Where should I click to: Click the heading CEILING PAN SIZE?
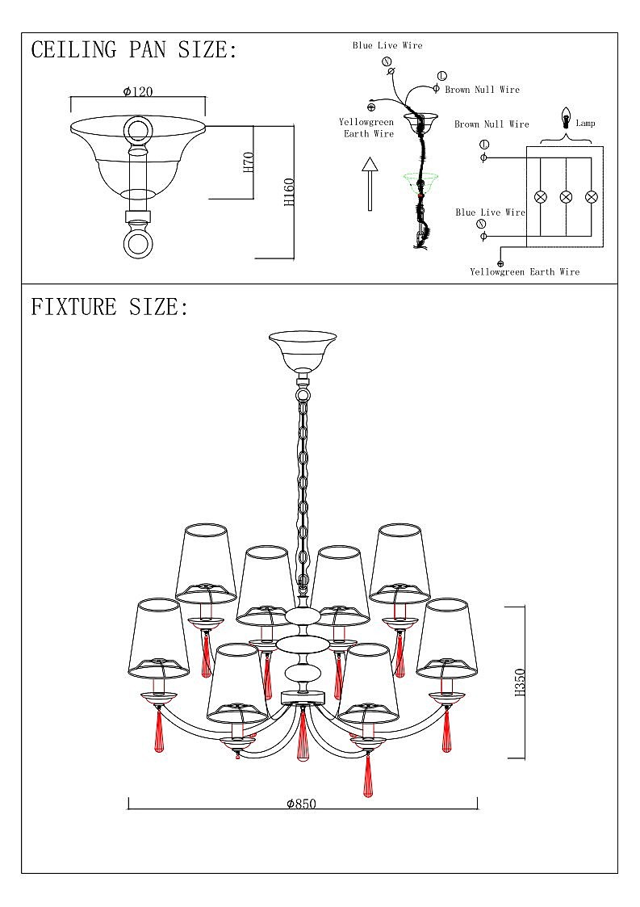tap(134, 50)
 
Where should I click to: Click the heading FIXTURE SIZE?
tap(109, 308)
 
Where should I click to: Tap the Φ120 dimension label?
tap(138, 91)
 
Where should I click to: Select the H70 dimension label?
tap(249, 162)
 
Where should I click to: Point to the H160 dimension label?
tap(289, 191)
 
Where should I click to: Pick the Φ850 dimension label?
tap(302, 804)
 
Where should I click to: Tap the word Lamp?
tap(585, 124)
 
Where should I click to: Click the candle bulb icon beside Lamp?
tap(567, 118)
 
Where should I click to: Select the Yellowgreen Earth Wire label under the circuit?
tap(525, 272)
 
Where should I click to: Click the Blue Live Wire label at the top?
tap(387, 45)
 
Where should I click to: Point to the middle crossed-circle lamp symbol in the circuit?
tap(566, 197)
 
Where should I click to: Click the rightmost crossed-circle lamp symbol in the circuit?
tap(591, 197)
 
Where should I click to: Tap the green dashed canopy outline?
tap(420, 181)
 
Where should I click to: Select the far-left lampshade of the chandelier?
tap(154, 638)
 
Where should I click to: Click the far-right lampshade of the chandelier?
tap(448, 638)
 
